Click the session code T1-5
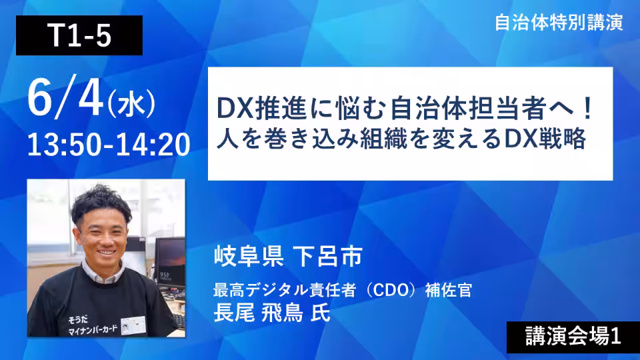click(x=79, y=35)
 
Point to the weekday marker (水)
click(x=131, y=104)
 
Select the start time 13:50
click(x=64, y=145)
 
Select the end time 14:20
click(x=153, y=145)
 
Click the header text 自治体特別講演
click(x=559, y=23)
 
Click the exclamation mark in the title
click(x=588, y=109)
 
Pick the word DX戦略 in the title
click(x=545, y=139)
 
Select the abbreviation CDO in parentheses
click(x=391, y=290)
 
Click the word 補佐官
click(x=449, y=290)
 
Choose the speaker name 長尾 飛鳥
click(x=259, y=313)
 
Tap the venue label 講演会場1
click(x=573, y=336)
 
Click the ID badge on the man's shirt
click(x=133, y=325)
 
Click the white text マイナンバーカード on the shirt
click(x=93, y=329)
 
